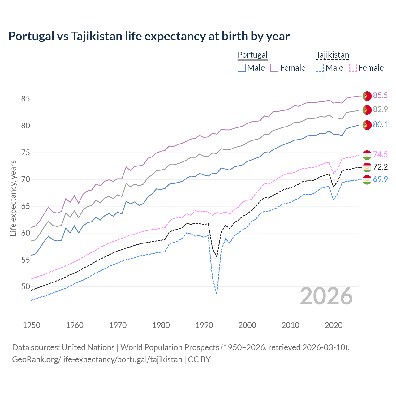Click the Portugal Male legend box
coord(242,68)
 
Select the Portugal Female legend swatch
coord(274,68)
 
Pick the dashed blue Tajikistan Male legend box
coord(320,68)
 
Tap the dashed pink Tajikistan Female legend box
coord(353,68)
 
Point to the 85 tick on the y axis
coord(25,99)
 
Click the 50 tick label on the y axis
coord(25,287)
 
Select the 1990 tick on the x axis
coord(204,325)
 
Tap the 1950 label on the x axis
coord(32,325)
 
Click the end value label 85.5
coord(380,95)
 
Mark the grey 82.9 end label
coord(380,109)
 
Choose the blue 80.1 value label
coord(380,124)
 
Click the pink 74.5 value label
coord(380,154)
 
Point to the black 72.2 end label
coord(380,167)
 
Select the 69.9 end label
coord(380,179)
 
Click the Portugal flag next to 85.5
coord(367,96)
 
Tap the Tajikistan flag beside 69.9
coord(367,180)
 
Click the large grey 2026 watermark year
coord(326,296)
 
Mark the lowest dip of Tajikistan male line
coord(217,294)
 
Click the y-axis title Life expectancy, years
coord(13,198)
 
